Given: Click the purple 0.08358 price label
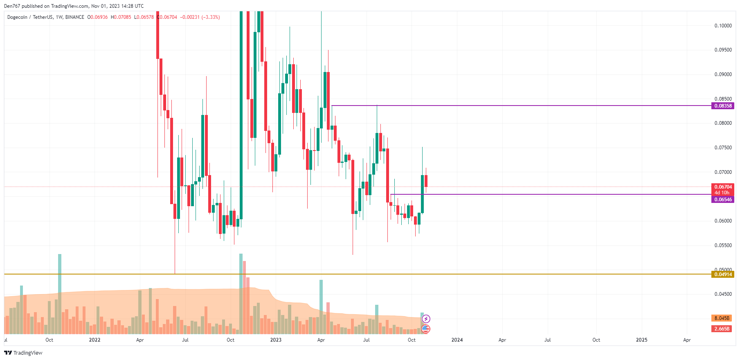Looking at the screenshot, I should (x=723, y=106).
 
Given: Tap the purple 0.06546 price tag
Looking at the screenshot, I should (x=723, y=200).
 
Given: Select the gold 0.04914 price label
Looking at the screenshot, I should (x=723, y=274).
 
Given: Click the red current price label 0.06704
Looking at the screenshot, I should (x=723, y=187).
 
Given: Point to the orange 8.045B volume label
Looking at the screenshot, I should (x=722, y=318).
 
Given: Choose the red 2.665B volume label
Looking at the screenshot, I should (x=722, y=329).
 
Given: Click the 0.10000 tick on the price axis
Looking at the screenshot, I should (x=723, y=26).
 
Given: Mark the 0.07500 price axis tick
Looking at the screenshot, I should (x=723, y=148).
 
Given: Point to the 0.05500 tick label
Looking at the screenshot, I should (x=723, y=245).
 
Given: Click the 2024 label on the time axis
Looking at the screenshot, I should (x=457, y=340).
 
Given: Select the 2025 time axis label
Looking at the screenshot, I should (x=641, y=340).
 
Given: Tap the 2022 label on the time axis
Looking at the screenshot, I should (x=94, y=340).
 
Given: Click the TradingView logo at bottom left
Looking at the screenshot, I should (x=23, y=353).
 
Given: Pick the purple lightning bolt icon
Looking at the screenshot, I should (x=426, y=319).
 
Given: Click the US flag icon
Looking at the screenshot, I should (x=426, y=328).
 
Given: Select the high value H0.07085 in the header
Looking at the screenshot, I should (x=121, y=17).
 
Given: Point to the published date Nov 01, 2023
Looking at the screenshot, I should (x=106, y=6).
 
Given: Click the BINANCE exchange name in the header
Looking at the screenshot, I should (x=74, y=17).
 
